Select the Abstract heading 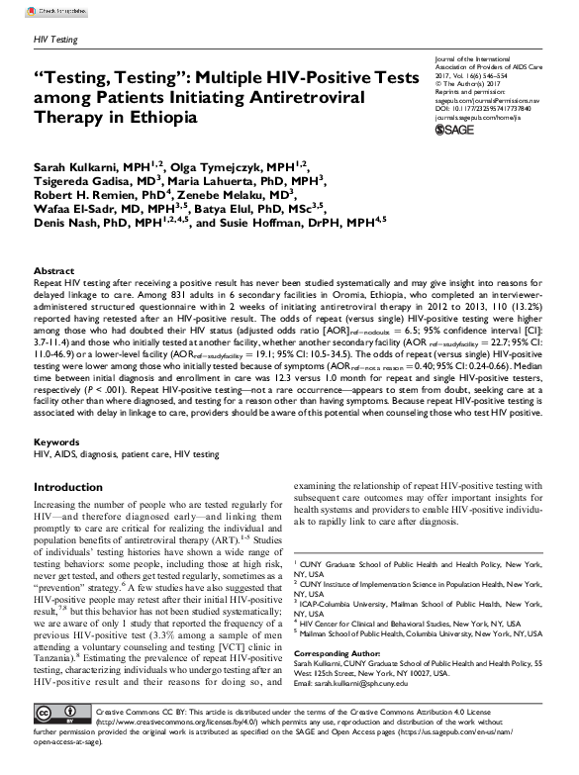pyautogui.click(x=54, y=270)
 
